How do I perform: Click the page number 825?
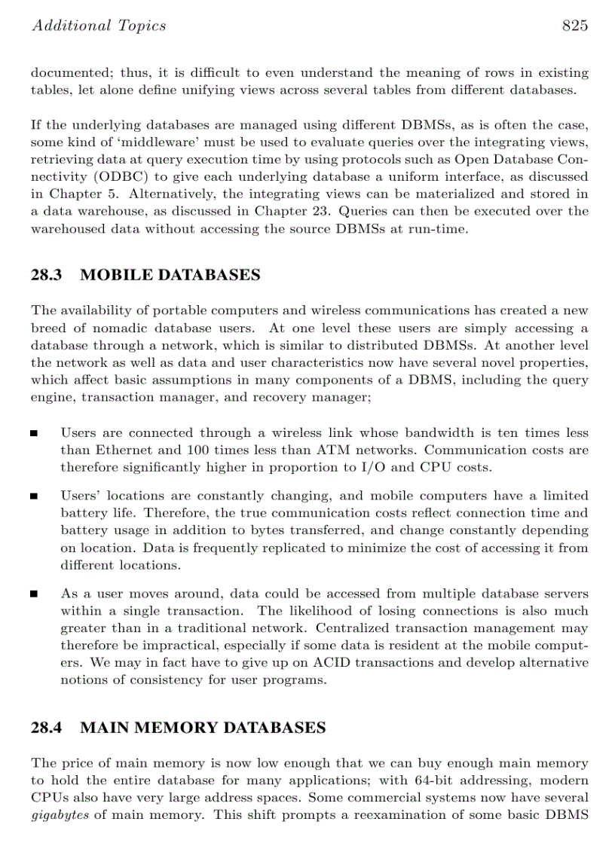click(574, 26)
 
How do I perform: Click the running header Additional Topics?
click(98, 26)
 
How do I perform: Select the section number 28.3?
click(46, 275)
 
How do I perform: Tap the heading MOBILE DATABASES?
click(170, 275)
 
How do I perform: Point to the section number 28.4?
click(46, 728)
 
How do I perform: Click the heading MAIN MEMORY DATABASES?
click(203, 728)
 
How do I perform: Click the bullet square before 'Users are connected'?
click(34, 434)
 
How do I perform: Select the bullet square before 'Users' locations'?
click(34, 497)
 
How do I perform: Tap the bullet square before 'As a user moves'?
click(34, 594)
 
